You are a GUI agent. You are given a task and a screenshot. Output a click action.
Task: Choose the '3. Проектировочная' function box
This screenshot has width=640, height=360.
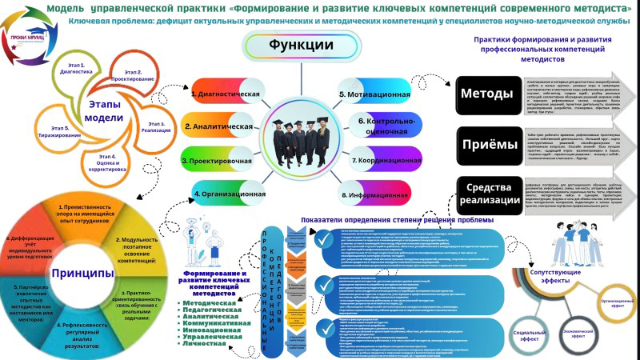coord(214,161)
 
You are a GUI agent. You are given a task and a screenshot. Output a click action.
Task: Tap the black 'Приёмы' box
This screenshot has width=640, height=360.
coord(486,144)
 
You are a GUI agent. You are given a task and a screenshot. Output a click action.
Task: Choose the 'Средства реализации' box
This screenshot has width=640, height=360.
coord(486,192)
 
